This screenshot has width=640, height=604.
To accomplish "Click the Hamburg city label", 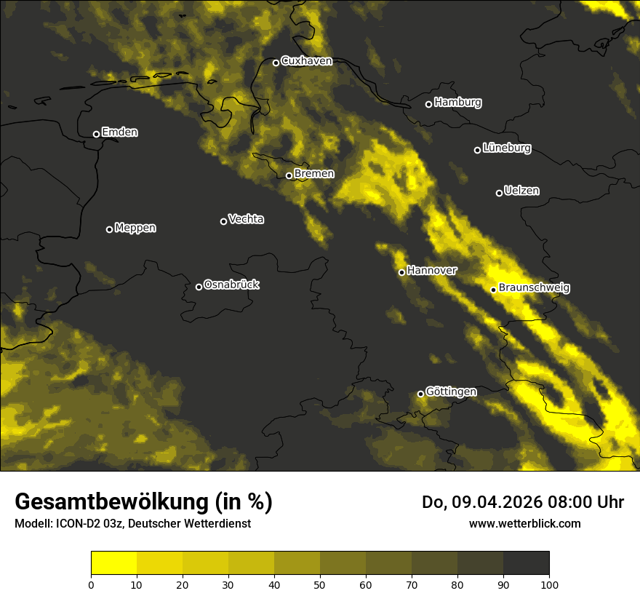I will [457, 103].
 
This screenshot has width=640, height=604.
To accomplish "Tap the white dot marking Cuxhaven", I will [276, 63].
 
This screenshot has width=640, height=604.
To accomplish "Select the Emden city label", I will [119, 132].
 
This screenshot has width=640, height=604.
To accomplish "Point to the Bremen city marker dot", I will [289, 175].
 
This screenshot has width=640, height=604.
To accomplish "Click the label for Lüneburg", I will [506, 148].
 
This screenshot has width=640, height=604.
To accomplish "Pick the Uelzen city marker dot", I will [499, 193].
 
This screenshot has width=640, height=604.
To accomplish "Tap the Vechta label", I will [246, 219].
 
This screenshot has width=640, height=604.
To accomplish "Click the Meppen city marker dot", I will [109, 229].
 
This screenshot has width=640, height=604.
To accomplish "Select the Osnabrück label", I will [231, 285].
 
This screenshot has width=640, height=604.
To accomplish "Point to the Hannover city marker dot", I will [401, 272].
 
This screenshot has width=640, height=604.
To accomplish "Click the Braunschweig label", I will [534, 288].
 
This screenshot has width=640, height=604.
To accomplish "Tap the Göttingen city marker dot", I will [420, 394].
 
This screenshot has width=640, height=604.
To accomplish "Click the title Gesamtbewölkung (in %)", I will [143, 502].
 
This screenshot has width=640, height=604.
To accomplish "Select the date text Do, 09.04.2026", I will [480, 502].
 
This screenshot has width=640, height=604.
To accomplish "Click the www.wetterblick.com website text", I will [524, 523].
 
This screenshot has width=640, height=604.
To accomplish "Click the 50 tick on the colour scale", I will [320, 584].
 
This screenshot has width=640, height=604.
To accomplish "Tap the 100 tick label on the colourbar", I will [549, 584].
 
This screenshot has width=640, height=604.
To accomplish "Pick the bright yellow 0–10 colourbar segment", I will [113, 563].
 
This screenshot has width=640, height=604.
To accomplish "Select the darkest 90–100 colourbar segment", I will [526, 563].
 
